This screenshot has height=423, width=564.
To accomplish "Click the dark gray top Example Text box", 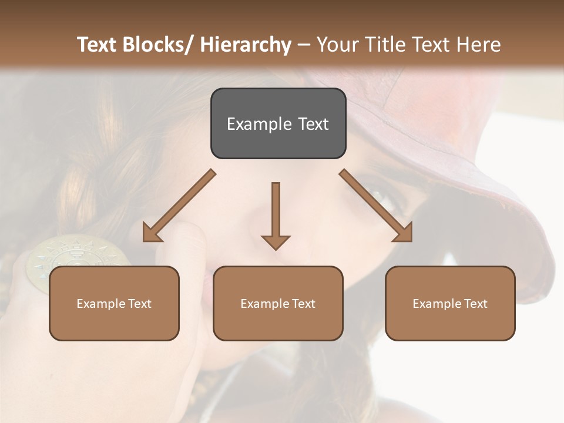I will (x=278, y=123).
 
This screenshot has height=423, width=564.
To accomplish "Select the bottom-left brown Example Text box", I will (x=114, y=303).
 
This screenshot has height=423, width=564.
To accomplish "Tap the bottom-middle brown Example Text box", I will (x=278, y=303).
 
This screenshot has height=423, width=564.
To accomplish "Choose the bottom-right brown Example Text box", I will (x=450, y=303).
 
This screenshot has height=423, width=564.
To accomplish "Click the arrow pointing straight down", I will (x=276, y=214).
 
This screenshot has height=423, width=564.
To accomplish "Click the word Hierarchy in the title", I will (x=246, y=45).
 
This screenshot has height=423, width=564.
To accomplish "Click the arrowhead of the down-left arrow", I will (x=152, y=234).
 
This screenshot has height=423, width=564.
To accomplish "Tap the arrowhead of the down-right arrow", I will (x=403, y=233).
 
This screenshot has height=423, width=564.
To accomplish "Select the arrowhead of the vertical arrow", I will (x=276, y=241).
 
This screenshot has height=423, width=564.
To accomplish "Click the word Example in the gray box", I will (x=251, y=124).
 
